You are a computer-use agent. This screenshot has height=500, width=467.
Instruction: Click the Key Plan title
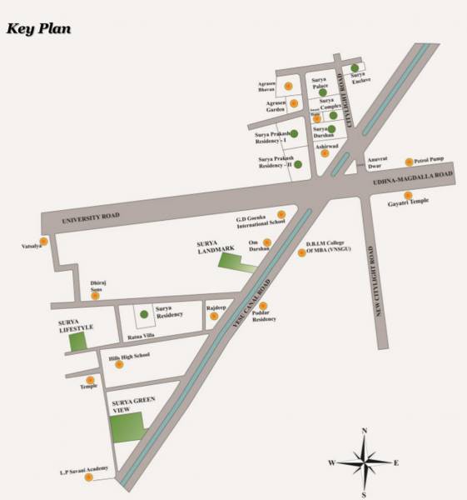[x=39, y=28]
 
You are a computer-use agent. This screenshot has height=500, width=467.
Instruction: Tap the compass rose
[x=364, y=461]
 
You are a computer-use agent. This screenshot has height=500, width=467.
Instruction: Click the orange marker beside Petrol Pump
[x=409, y=162]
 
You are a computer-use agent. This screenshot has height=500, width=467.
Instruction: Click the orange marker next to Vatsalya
[x=44, y=241]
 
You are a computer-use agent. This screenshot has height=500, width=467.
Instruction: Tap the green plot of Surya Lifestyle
[x=77, y=340]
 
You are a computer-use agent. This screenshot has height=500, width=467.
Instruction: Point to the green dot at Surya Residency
[x=144, y=313]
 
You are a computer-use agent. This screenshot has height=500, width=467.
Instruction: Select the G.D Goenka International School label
[x=261, y=218]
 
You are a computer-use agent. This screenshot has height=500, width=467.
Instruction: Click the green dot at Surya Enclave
[x=355, y=67]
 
